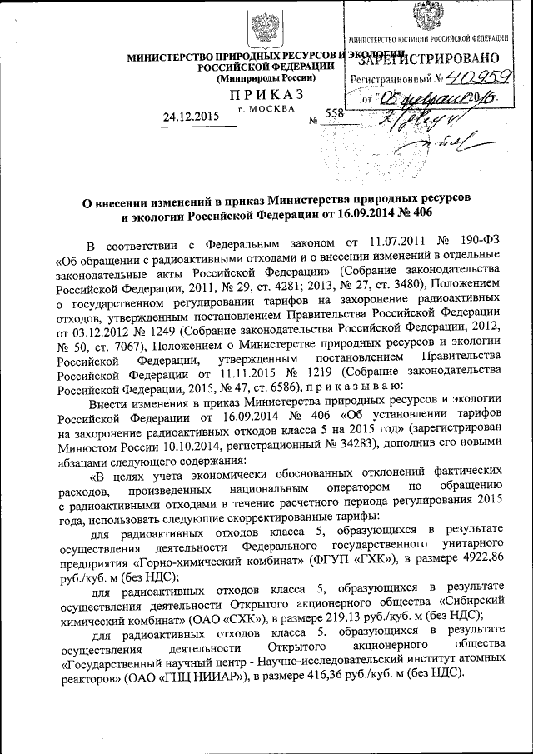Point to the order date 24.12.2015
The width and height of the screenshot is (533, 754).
point(192,117)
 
